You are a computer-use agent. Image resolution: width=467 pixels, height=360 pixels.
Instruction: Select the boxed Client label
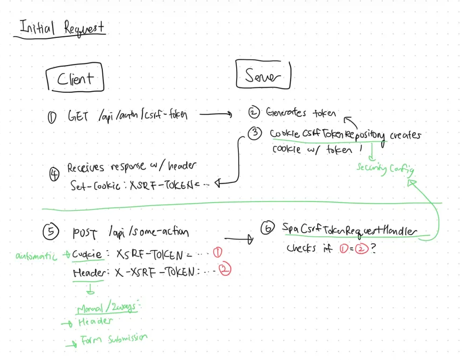pyautogui.click(x=75, y=79)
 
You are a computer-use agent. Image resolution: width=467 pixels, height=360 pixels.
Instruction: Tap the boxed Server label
pyautogui.click(x=263, y=77)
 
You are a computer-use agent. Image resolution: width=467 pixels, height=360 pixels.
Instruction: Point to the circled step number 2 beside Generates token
pyautogui.click(x=254, y=113)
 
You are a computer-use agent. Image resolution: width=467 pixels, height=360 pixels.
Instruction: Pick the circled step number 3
pyautogui.click(x=256, y=134)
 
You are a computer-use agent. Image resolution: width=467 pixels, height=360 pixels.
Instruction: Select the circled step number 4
pyautogui.click(x=54, y=175)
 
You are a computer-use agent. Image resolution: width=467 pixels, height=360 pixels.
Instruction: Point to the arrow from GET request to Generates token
pyautogui.click(x=216, y=114)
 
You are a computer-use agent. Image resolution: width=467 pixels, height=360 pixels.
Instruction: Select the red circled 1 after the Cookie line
pyautogui.click(x=217, y=252)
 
